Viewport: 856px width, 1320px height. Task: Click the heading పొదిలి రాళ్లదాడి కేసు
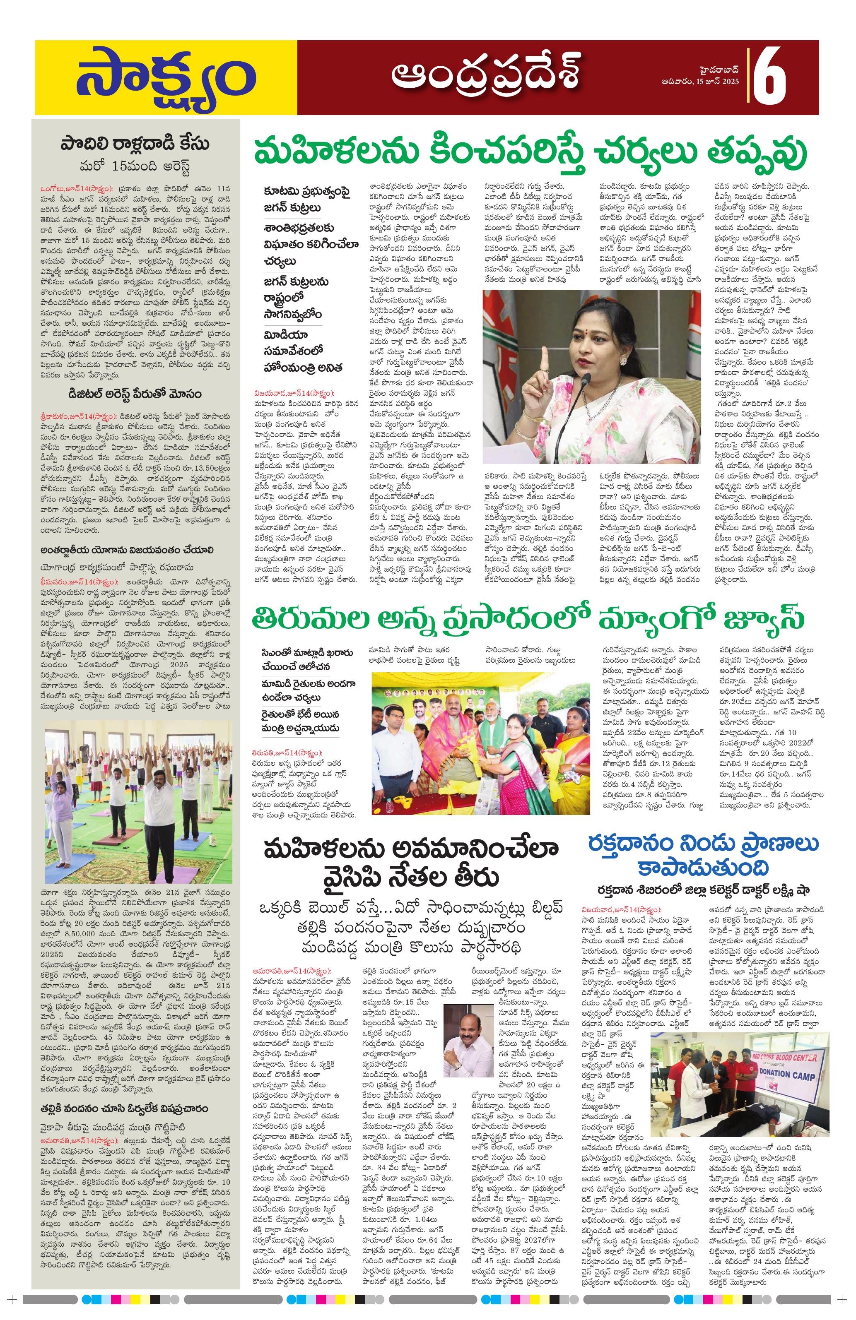[135, 144]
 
